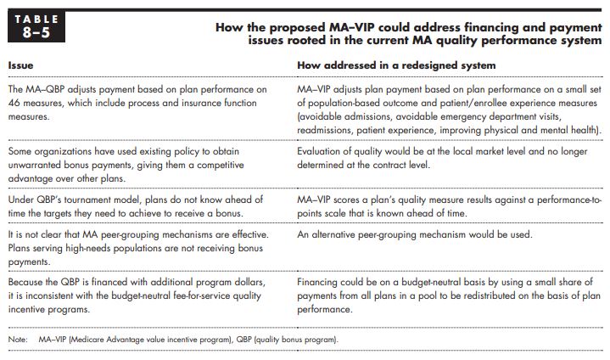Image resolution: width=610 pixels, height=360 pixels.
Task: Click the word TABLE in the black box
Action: [36, 19]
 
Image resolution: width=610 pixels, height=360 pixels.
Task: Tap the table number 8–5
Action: [36, 32]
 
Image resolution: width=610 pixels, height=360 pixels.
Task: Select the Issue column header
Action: [20, 65]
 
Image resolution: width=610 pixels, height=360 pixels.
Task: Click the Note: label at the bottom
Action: [18, 340]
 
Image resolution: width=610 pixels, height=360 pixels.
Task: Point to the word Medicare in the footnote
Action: [87, 340]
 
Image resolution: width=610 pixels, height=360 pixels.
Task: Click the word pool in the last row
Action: [427, 296]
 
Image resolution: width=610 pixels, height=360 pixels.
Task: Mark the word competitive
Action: [220, 165]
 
